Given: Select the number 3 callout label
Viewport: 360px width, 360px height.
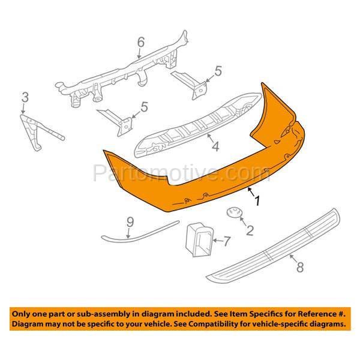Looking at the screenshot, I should point(25,97).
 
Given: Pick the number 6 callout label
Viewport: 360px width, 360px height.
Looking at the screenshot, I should point(141,42).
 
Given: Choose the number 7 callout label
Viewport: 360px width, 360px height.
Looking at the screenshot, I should point(226,242).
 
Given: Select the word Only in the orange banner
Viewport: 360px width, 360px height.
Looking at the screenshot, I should point(23,313).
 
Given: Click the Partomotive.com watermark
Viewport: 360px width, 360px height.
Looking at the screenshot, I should point(180,174).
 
